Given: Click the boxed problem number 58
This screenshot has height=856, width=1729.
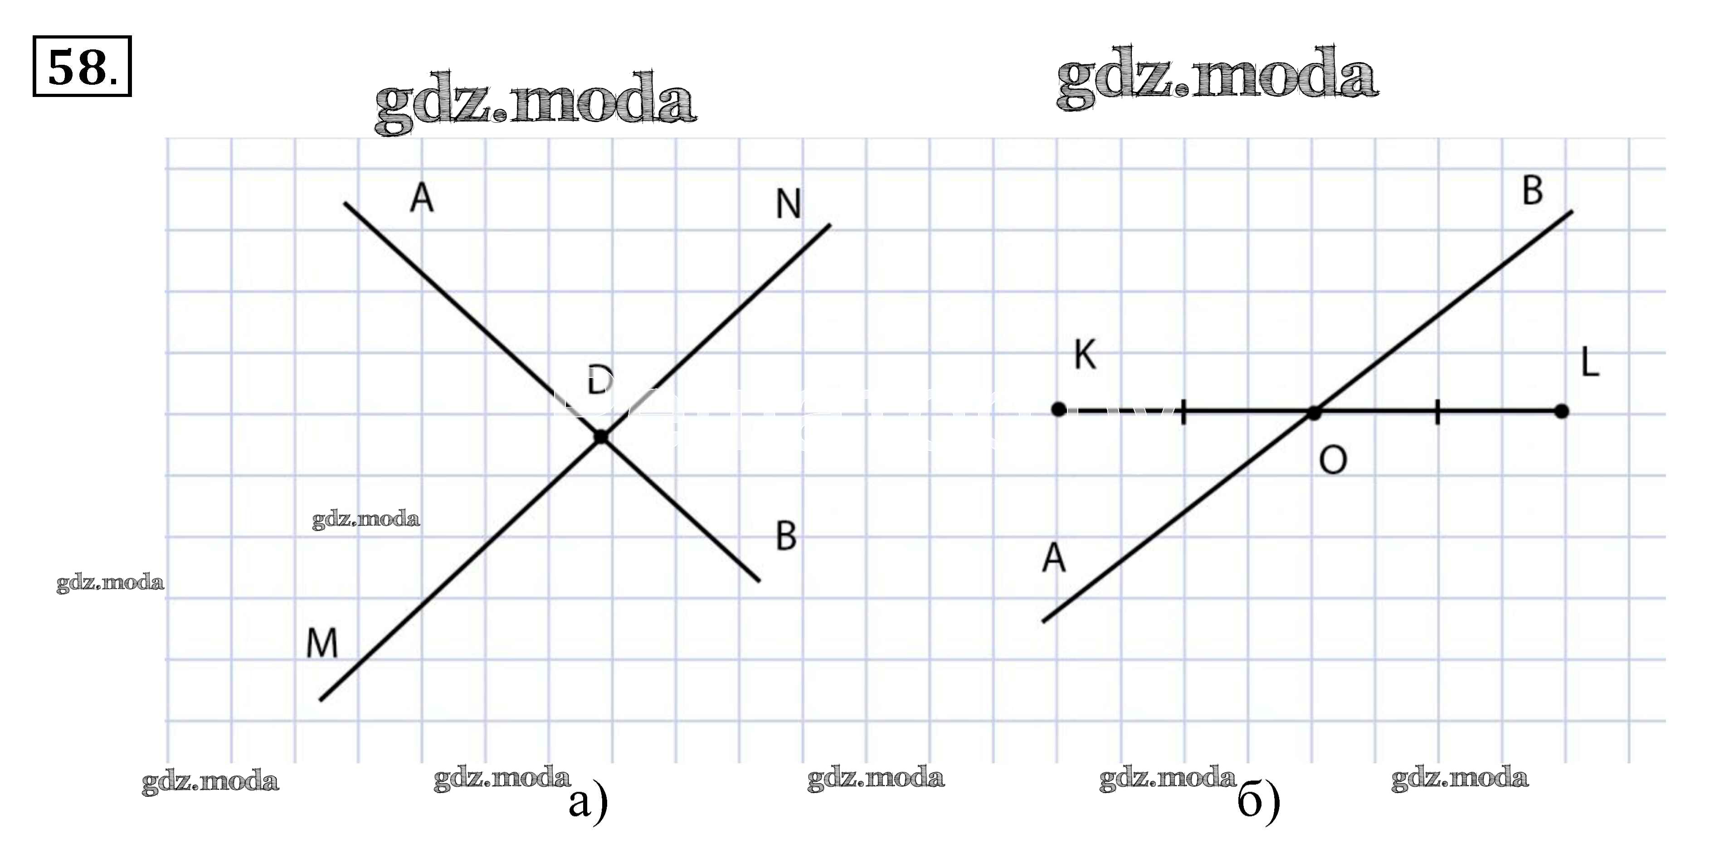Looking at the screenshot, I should (x=81, y=67).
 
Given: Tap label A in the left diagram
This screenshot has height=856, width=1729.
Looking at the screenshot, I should (x=422, y=198).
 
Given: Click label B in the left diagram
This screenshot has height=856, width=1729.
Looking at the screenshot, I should (x=786, y=536).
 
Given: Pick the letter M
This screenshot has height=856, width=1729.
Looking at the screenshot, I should (x=322, y=644).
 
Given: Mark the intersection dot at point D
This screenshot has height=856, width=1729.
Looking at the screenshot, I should (x=601, y=437).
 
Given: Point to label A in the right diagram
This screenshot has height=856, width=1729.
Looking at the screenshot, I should (x=1054, y=558).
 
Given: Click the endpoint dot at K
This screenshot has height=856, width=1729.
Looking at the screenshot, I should (x=1058, y=410).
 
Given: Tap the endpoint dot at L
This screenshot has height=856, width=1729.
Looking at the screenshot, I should (x=1562, y=411).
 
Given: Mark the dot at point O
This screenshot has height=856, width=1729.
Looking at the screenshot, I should (x=1314, y=413).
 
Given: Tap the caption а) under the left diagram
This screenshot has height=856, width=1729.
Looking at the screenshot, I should (x=588, y=803).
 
